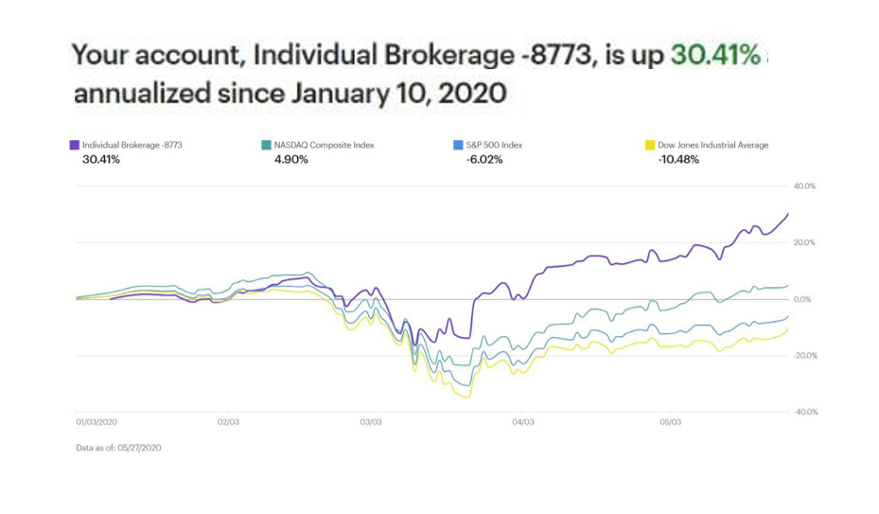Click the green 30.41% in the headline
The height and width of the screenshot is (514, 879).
tap(716, 55)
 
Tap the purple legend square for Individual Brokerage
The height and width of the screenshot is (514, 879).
tap(74, 145)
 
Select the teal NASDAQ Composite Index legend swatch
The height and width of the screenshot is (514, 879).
tap(266, 145)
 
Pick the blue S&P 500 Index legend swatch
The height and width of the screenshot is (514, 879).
tap(458, 145)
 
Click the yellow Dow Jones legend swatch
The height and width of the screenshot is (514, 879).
tap(650, 145)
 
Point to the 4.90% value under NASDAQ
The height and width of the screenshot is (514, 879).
tap(290, 160)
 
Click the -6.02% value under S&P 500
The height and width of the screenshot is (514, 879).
tap(484, 160)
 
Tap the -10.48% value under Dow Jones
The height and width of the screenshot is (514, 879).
tap(678, 160)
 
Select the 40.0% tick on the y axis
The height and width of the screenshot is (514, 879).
tap(804, 186)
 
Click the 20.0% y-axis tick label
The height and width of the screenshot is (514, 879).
tap(804, 243)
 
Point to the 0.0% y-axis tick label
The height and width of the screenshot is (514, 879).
tap(802, 300)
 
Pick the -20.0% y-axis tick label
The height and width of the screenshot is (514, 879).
tap(805, 356)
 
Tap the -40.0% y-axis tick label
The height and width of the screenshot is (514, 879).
tap(805, 412)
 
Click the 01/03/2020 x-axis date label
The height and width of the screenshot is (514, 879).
tap(97, 422)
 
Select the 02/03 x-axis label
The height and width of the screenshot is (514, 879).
tap(228, 422)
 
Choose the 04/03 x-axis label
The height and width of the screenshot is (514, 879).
tap(523, 422)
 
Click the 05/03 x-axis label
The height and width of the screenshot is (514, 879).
tap(671, 422)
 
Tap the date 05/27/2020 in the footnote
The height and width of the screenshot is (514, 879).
tap(140, 448)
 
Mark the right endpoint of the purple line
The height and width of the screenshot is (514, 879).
tap(788, 214)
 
